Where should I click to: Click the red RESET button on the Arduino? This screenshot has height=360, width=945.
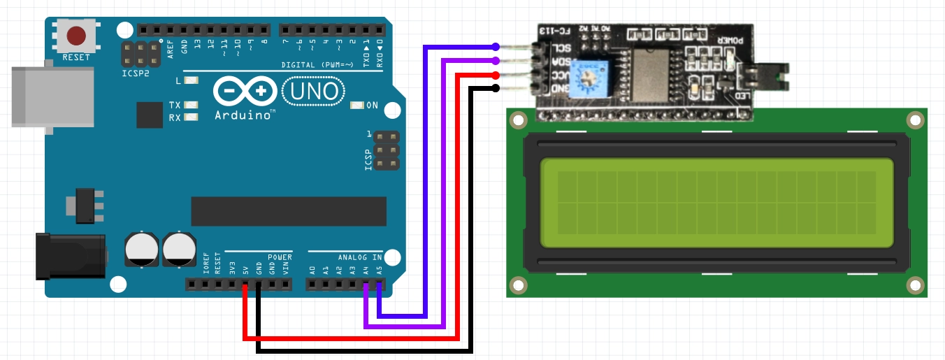[76, 35]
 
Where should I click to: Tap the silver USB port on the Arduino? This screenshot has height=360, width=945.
[52, 96]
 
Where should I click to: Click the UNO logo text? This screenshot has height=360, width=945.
[314, 91]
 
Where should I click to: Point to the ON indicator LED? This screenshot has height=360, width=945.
[357, 106]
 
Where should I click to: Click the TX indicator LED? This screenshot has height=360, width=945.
[191, 106]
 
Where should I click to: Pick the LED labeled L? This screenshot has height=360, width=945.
[191, 80]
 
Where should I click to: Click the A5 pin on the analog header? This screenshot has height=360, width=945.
[379, 285]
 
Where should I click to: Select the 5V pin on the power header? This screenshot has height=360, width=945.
[245, 285]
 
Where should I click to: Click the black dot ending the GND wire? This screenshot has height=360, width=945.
[496, 88]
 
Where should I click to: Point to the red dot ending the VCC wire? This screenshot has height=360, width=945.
[496, 74]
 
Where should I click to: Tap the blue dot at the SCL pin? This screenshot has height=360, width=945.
[496, 47]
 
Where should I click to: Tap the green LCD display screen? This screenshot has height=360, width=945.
[717, 203]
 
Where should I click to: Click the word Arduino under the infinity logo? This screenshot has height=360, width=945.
[244, 115]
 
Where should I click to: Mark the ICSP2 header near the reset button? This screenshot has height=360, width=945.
[140, 54]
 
